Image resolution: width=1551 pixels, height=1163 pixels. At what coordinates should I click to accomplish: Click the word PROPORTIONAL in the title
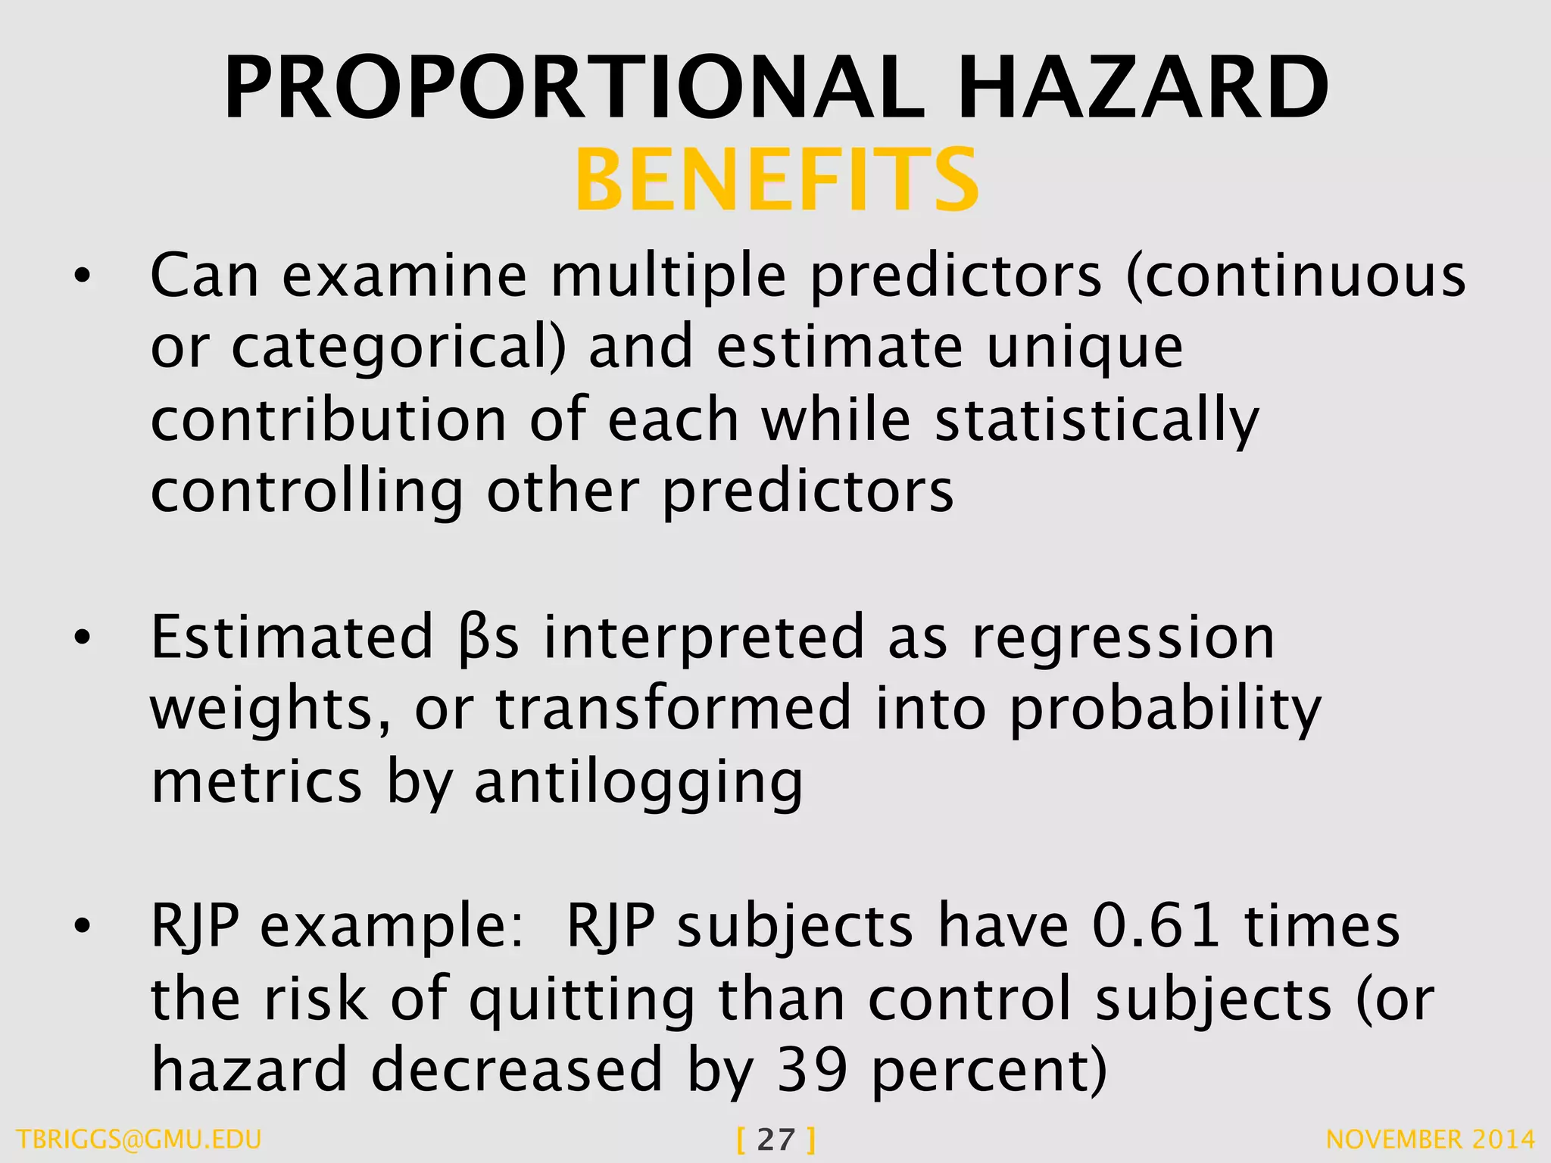click(574, 89)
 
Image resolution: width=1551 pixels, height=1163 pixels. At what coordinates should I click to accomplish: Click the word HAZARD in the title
click(1143, 89)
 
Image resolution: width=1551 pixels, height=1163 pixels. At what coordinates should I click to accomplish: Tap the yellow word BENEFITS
click(777, 181)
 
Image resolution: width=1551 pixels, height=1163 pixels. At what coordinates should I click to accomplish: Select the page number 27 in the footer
click(775, 1140)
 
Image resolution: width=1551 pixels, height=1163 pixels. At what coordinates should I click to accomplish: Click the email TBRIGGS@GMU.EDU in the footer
click(139, 1140)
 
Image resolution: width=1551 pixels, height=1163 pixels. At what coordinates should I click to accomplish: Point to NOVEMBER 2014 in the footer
click(1431, 1140)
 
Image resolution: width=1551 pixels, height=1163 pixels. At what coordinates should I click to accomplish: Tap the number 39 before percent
click(812, 1070)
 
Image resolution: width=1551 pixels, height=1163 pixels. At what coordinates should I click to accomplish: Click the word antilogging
click(638, 783)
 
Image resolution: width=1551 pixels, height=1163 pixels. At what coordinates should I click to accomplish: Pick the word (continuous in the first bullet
click(1296, 276)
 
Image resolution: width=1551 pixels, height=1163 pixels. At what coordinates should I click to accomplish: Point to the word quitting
click(581, 999)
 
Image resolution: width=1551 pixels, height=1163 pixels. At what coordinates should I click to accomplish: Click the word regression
click(1123, 638)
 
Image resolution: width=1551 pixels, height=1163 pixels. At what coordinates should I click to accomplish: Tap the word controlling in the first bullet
click(307, 492)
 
